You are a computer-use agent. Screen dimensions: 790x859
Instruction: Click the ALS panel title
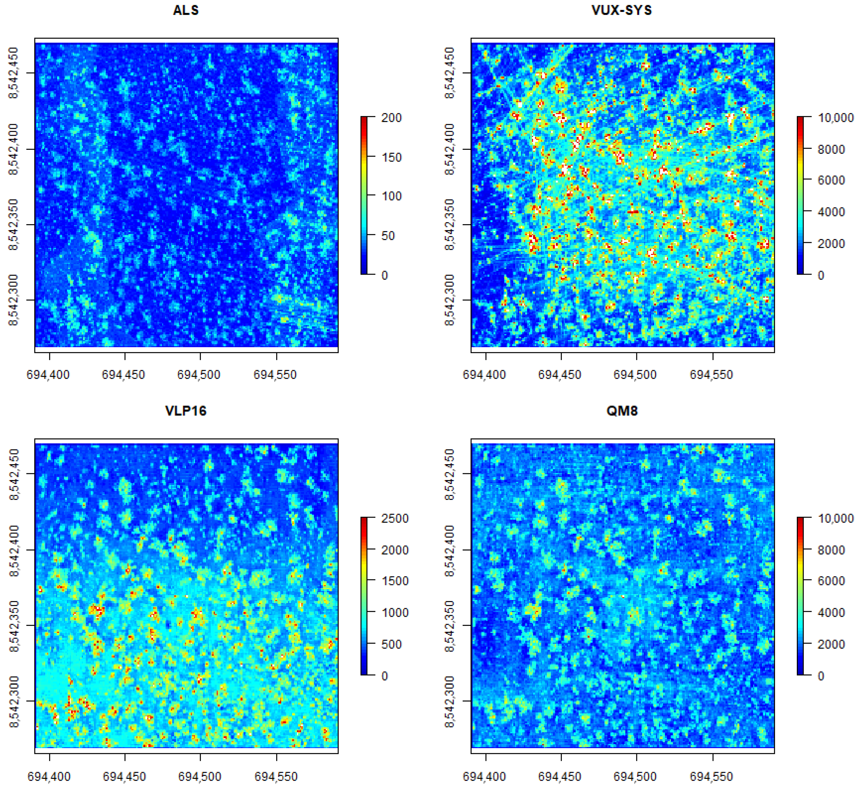pyautogui.click(x=186, y=10)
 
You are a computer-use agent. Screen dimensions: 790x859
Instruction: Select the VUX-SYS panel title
pyautogui.click(x=622, y=10)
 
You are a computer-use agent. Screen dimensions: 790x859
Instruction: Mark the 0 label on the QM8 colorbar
pyautogui.click(x=821, y=676)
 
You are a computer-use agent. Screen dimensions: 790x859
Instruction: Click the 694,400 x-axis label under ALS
pyautogui.click(x=48, y=375)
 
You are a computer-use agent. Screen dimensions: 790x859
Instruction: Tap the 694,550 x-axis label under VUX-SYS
pyautogui.click(x=711, y=375)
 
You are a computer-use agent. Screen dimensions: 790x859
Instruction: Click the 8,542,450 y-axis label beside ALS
pyautogui.click(x=14, y=73)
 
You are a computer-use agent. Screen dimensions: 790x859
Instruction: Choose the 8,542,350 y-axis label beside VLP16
pyautogui.click(x=14, y=626)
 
